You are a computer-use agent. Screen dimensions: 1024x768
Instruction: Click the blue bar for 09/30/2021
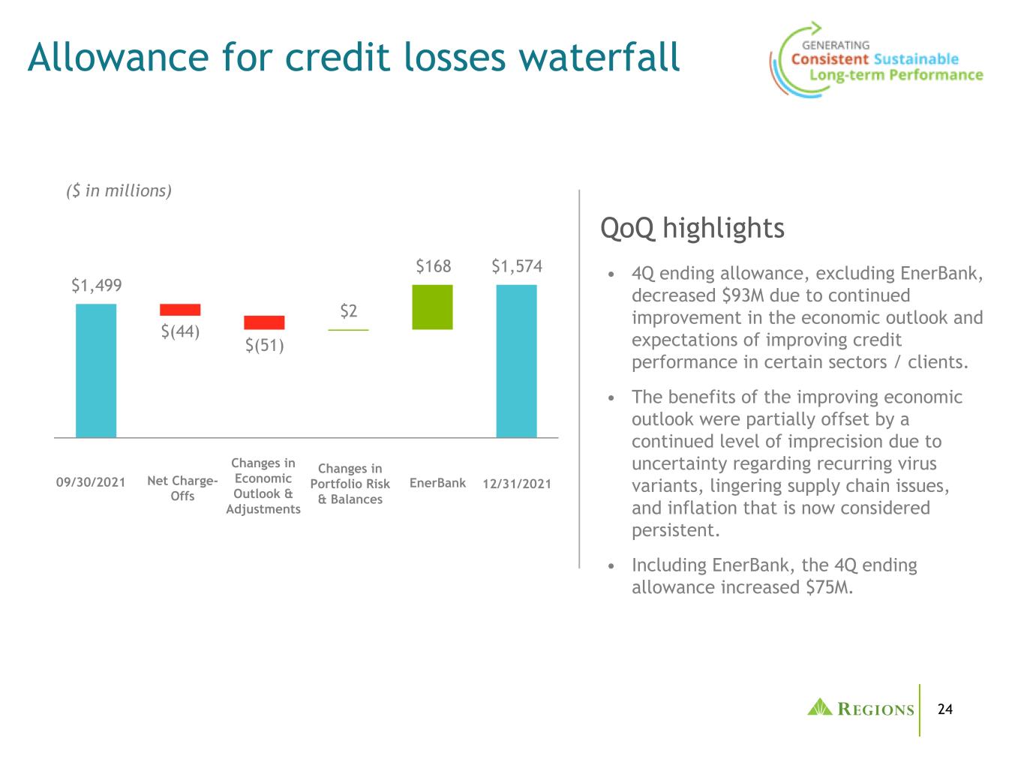[96, 370]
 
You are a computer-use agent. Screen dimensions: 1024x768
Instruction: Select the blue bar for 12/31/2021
[516, 361]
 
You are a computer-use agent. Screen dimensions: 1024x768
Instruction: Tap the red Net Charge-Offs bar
[180, 310]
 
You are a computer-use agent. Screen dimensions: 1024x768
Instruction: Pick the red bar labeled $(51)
[264, 322]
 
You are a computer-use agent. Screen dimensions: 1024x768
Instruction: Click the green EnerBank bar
[432, 307]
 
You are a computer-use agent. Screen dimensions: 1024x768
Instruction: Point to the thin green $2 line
[349, 330]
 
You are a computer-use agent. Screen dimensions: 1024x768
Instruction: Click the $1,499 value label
[97, 285]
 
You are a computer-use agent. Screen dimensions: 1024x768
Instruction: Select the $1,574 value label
[517, 266]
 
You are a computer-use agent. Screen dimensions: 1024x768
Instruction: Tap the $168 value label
[434, 266]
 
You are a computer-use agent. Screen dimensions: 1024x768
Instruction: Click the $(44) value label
[180, 331]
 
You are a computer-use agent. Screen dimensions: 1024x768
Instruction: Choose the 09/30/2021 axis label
[91, 482]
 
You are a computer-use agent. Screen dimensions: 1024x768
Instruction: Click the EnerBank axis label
[437, 482]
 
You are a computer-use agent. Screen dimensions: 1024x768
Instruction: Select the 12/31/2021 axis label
[517, 484]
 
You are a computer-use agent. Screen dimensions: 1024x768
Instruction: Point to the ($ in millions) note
[119, 190]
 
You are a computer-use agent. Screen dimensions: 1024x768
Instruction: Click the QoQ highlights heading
[692, 228]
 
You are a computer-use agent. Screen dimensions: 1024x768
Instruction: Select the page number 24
[945, 709]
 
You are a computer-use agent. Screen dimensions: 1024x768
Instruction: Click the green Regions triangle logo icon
[820, 706]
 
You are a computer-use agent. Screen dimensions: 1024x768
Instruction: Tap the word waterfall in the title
[599, 57]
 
